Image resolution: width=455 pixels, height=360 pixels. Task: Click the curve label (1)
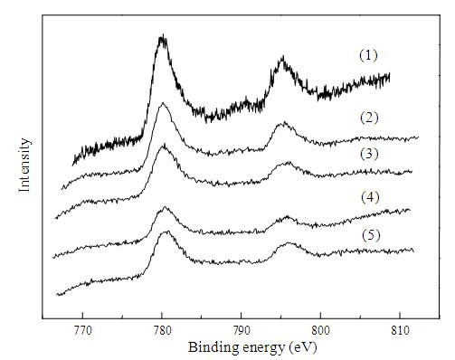click(x=368, y=56)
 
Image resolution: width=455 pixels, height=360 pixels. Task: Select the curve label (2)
click(x=369, y=118)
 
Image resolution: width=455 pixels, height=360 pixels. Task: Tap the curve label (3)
click(x=369, y=154)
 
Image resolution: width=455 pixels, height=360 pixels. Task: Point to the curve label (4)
click(x=370, y=197)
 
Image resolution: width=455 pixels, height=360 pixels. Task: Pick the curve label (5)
click(x=371, y=235)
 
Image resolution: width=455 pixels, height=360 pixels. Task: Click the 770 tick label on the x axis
click(x=82, y=330)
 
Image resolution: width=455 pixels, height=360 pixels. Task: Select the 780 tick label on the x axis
click(x=162, y=330)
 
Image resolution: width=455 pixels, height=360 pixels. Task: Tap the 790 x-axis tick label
click(x=242, y=330)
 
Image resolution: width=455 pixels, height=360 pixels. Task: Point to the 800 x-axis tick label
click(x=320, y=330)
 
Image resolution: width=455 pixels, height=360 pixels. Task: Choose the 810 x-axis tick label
click(x=400, y=330)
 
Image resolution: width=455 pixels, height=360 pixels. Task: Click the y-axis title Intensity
click(x=24, y=165)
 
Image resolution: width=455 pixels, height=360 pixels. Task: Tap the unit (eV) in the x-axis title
click(x=302, y=347)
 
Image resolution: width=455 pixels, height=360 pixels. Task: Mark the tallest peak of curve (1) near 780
click(x=163, y=35)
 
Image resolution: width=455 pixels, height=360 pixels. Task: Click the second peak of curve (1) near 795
click(x=282, y=56)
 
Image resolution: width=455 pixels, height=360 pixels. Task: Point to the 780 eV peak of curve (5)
click(x=167, y=232)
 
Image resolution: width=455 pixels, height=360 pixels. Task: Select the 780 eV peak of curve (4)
click(x=165, y=207)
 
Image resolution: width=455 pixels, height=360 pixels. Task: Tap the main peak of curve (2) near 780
click(x=163, y=103)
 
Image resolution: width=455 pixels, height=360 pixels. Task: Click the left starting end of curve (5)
click(x=57, y=295)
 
